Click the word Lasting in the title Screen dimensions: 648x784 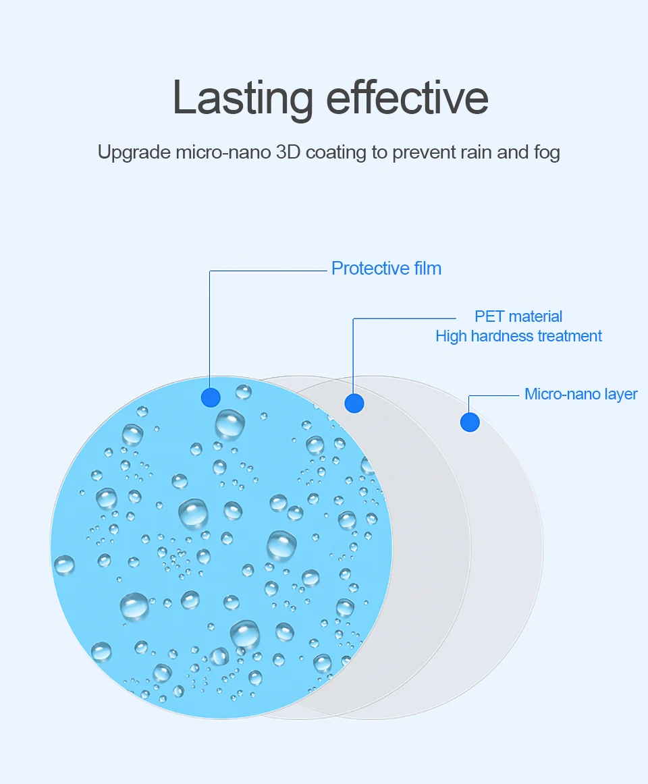click(243, 98)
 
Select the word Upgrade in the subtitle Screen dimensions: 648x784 click(134, 152)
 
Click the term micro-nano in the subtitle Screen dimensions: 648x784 click(223, 152)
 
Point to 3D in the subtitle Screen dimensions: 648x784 click(288, 152)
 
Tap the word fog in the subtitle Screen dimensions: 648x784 click(547, 152)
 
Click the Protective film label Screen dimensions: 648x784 click(386, 269)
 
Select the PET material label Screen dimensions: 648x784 click(518, 316)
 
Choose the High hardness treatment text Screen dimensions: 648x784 click(518, 336)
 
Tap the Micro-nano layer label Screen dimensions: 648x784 click(581, 394)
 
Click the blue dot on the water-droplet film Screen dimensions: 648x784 click(211, 397)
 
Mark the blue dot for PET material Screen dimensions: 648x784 click(354, 403)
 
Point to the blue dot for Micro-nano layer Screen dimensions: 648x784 click(470, 422)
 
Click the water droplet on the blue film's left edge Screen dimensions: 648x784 click(64, 565)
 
